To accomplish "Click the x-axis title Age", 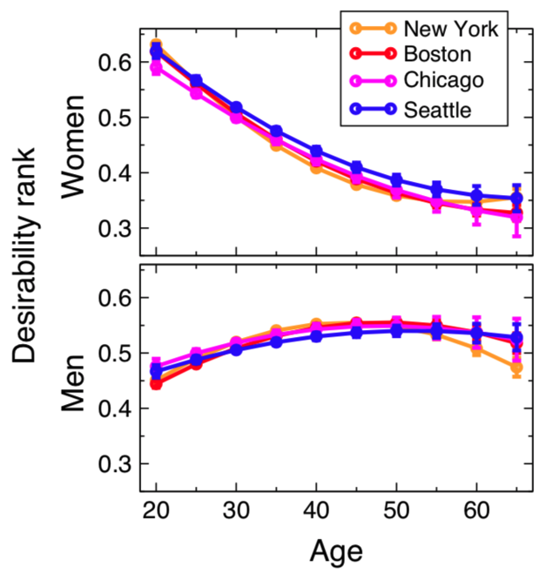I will (335, 550).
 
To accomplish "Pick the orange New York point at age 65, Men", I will (516, 368).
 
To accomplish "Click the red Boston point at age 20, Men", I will (156, 383).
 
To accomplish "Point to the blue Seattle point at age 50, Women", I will (396, 181).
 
